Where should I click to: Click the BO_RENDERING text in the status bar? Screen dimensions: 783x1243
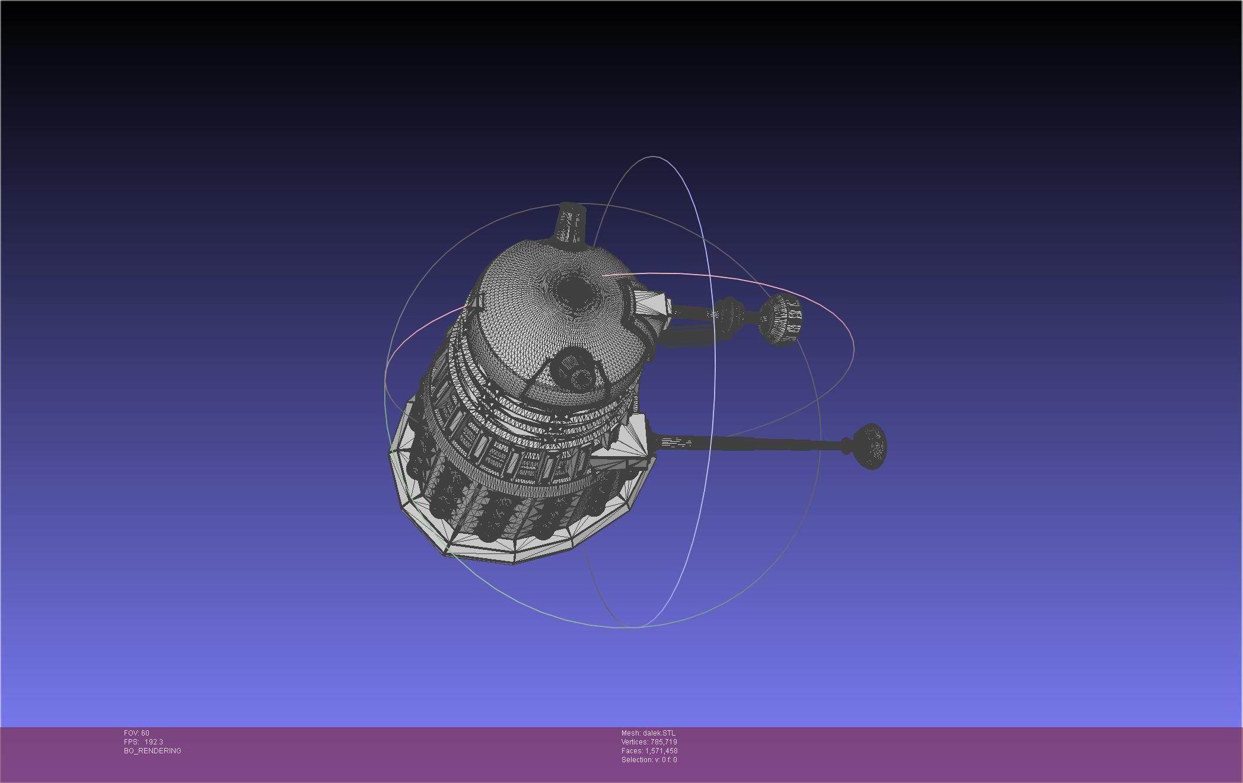(x=152, y=751)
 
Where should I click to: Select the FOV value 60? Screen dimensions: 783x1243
(x=145, y=733)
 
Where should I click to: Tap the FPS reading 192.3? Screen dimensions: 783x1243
(x=154, y=742)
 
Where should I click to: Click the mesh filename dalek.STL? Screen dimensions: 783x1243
(x=659, y=733)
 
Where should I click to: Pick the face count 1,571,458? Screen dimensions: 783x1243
(x=661, y=751)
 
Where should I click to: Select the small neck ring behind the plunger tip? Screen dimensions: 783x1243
(x=846, y=445)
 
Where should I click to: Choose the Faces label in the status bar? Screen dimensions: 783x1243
(x=632, y=751)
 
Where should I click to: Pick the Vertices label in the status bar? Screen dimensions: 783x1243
(x=635, y=742)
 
